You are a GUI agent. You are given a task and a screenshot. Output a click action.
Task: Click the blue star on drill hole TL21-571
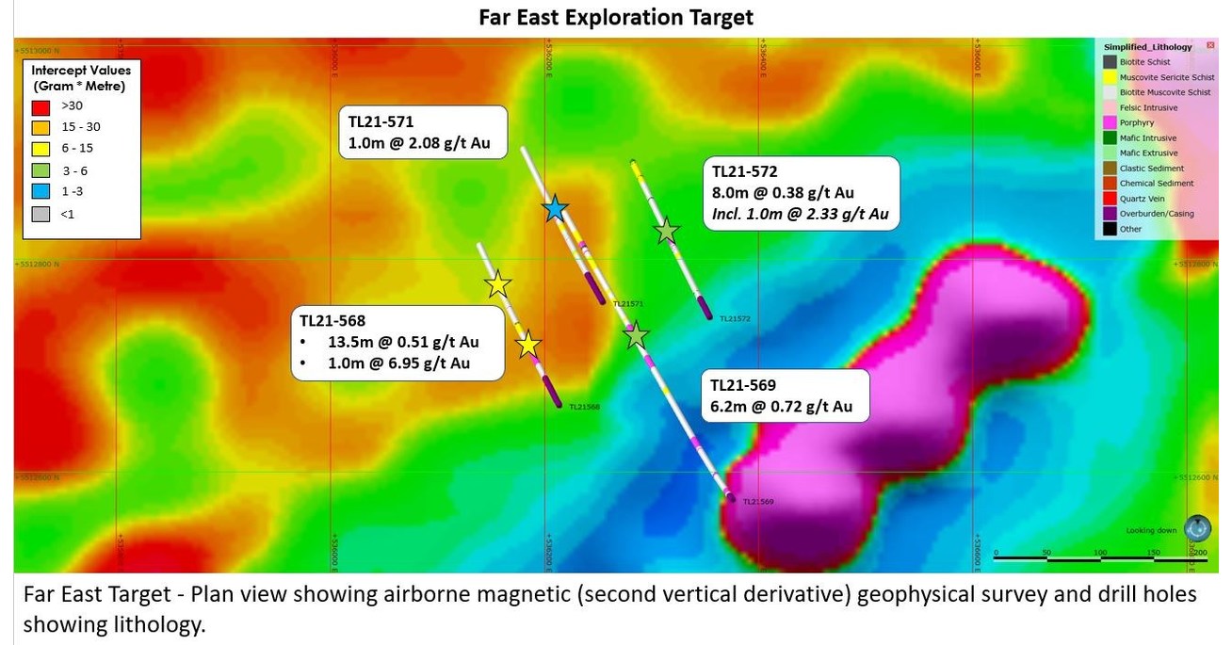(556, 209)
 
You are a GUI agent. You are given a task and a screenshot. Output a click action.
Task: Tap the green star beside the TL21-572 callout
(667, 230)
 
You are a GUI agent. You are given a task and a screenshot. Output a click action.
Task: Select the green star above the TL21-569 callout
(637, 334)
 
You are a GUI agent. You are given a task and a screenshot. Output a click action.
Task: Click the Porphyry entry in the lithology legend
(1137, 122)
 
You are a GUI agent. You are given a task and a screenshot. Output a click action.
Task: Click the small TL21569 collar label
(757, 502)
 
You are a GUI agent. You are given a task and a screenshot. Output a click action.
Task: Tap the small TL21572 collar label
(734, 319)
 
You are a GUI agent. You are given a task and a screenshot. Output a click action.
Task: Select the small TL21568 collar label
(584, 407)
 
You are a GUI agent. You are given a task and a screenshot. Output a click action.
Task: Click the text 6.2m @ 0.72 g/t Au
(782, 406)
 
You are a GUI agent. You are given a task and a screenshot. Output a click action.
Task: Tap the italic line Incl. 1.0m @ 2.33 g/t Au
(801, 215)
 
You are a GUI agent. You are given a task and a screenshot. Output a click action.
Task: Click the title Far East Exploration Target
(615, 18)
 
